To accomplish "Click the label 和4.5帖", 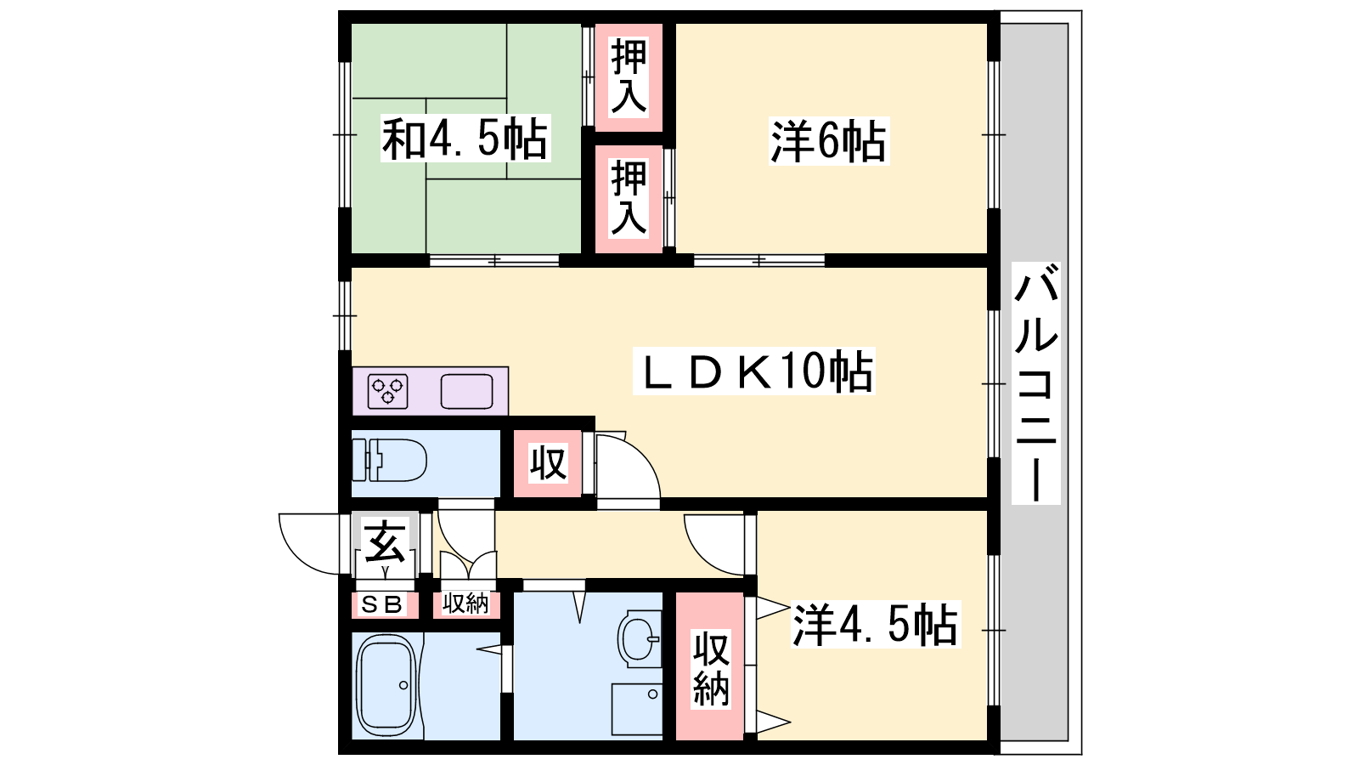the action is pos(465,139).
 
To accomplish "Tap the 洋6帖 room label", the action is pos(829,141).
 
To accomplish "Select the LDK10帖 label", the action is pos(753,371).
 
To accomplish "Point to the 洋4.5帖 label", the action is pos(875,624).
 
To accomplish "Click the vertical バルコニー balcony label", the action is pos(1035,383).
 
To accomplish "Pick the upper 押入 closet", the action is pos(629,77).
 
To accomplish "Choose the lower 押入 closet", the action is pos(629,199).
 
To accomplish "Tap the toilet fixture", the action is pos(390,460).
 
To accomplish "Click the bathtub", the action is pos(386,685).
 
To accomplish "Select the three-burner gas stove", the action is pos(387,391).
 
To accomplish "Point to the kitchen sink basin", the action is pos(466,392).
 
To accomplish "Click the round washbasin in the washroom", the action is pos(639,638).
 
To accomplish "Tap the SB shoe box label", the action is pos(381,604).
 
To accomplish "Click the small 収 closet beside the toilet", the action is pos(548,464).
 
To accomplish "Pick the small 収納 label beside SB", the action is pos(465,603).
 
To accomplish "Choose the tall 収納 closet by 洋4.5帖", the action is pos(710,666).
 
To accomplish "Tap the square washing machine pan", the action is pos(636,709).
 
